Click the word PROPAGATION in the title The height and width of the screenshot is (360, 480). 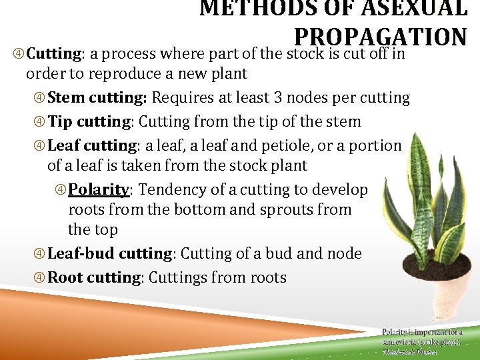[380, 36]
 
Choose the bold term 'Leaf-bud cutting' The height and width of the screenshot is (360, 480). [110, 254]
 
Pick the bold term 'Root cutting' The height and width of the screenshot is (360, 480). [94, 278]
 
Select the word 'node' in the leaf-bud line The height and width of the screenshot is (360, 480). [344, 254]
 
